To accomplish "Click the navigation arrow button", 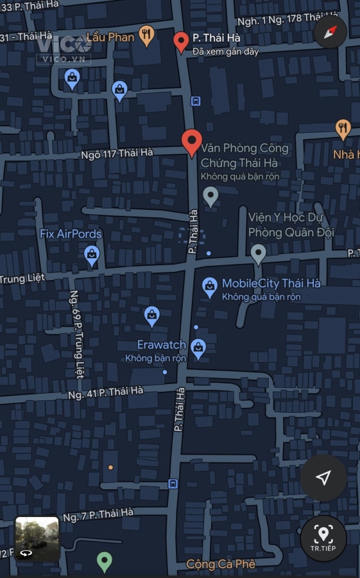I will click(x=323, y=477).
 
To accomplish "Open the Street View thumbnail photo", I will click(x=37, y=538).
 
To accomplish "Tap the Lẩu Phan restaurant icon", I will click(x=147, y=36).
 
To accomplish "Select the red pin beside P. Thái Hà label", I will click(x=181, y=42).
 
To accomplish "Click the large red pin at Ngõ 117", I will click(x=191, y=142).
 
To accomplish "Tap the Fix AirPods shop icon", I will click(x=92, y=256).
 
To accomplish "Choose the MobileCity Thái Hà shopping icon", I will click(x=209, y=288).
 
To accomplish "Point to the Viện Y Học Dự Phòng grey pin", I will click(x=258, y=254).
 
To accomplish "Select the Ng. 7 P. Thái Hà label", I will click(x=99, y=514).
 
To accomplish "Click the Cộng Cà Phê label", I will click(x=220, y=565).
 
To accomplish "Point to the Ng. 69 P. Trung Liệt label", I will click(x=76, y=334).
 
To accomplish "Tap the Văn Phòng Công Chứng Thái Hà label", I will click(x=244, y=155).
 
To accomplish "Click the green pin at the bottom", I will click(x=105, y=562).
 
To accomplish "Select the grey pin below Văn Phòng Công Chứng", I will click(x=210, y=196).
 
